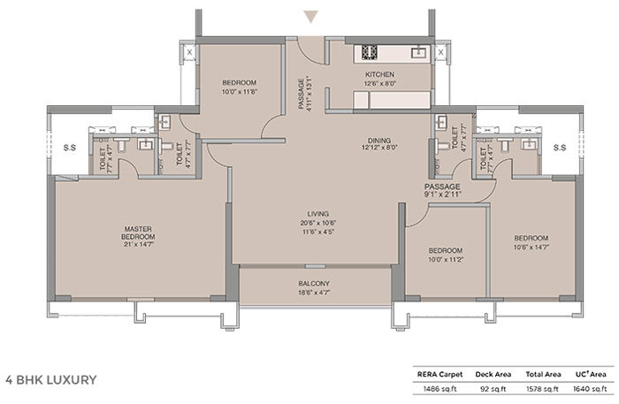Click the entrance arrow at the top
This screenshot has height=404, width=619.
click(x=311, y=17)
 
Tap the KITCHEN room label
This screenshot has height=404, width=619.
click(x=379, y=74)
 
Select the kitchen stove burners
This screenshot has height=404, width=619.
click(x=369, y=52)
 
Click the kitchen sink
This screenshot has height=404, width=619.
click(x=418, y=51)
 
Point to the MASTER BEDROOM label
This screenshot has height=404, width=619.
click(x=138, y=232)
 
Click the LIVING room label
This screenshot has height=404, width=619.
click(x=317, y=214)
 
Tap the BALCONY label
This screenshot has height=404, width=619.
click(x=314, y=284)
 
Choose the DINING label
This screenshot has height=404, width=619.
click(x=379, y=141)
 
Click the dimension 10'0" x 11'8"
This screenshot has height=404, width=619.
click(x=240, y=92)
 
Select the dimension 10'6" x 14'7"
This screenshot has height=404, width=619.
click(x=531, y=248)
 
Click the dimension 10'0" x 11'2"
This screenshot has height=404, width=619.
click(x=446, y=260)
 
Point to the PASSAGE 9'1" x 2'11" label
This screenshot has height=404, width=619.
click(x=442, y=190)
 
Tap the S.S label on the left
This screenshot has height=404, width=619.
click(x=70, y=148)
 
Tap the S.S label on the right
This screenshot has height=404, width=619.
click(x=560, y=148)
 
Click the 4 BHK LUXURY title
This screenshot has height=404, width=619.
click(x=51, y=380)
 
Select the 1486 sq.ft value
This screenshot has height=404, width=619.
click(x=439, y=389)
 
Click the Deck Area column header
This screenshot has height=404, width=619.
click(x=493, y=375)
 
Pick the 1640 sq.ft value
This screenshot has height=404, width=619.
click(x=590, y=389)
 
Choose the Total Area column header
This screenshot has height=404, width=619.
click(x=543, y=375)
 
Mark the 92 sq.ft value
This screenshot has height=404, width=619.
click(x=493, y=389)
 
